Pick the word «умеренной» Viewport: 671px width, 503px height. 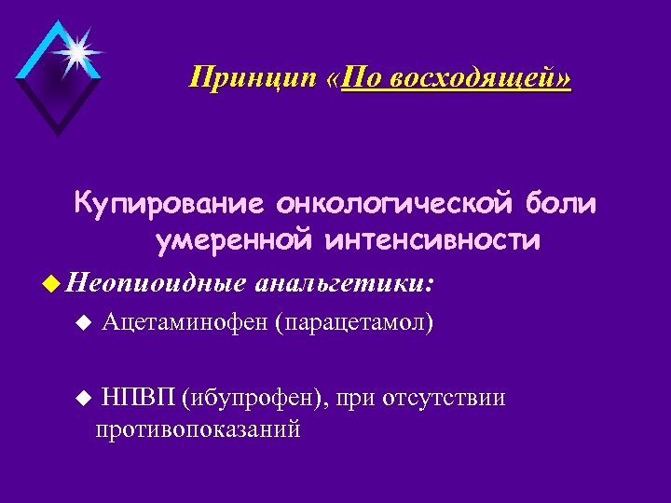click(x=233, y=241)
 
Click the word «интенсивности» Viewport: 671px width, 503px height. click(x=432, y=241)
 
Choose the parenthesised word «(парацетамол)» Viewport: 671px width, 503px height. click(x=354, y=323)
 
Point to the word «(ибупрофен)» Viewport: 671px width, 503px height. click(x=256, y=399)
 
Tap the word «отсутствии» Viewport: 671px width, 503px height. click(x=446, y=399)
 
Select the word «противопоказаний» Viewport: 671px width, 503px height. click(x=197, y=429)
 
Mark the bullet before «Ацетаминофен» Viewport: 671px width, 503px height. click(x=83, y=323)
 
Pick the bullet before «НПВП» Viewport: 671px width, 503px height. click(x=83, y=399)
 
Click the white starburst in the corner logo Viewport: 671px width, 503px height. click(x=74, y=51)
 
